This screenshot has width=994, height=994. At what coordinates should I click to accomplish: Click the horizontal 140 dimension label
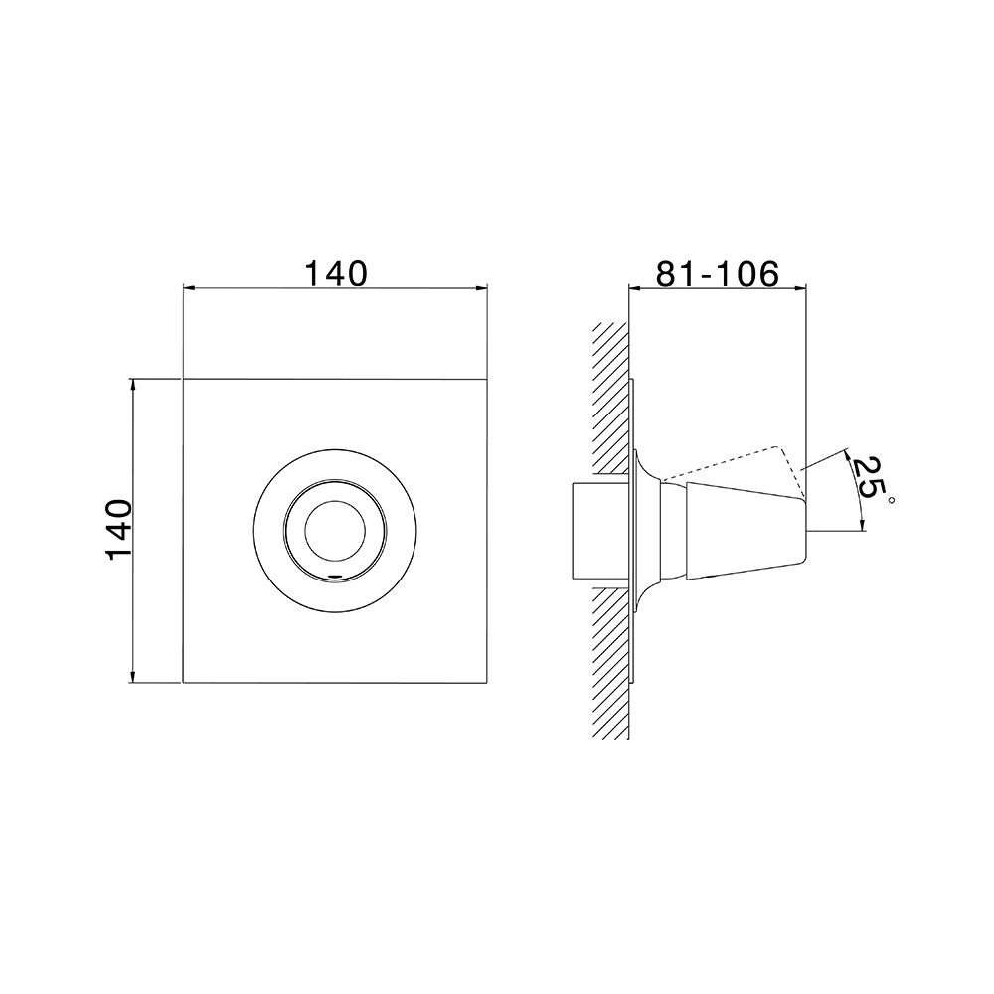tap(337, 274)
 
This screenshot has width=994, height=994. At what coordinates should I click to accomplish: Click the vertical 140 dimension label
tap(118, 530)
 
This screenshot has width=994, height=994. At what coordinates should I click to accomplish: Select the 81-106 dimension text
tap(717, 274)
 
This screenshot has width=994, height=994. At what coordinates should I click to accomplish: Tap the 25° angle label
tap(871, 480)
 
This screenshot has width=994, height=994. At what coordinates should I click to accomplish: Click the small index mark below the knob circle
tap(335, 576)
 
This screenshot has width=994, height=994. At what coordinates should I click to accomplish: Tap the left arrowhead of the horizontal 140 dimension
tap(188, 288)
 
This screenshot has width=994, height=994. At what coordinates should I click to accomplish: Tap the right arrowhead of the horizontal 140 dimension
tap(482, 288)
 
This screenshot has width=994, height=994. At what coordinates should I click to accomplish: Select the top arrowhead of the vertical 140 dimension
tap(132, 384)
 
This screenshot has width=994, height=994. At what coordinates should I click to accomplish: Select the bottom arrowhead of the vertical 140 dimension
tap(132, 677)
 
